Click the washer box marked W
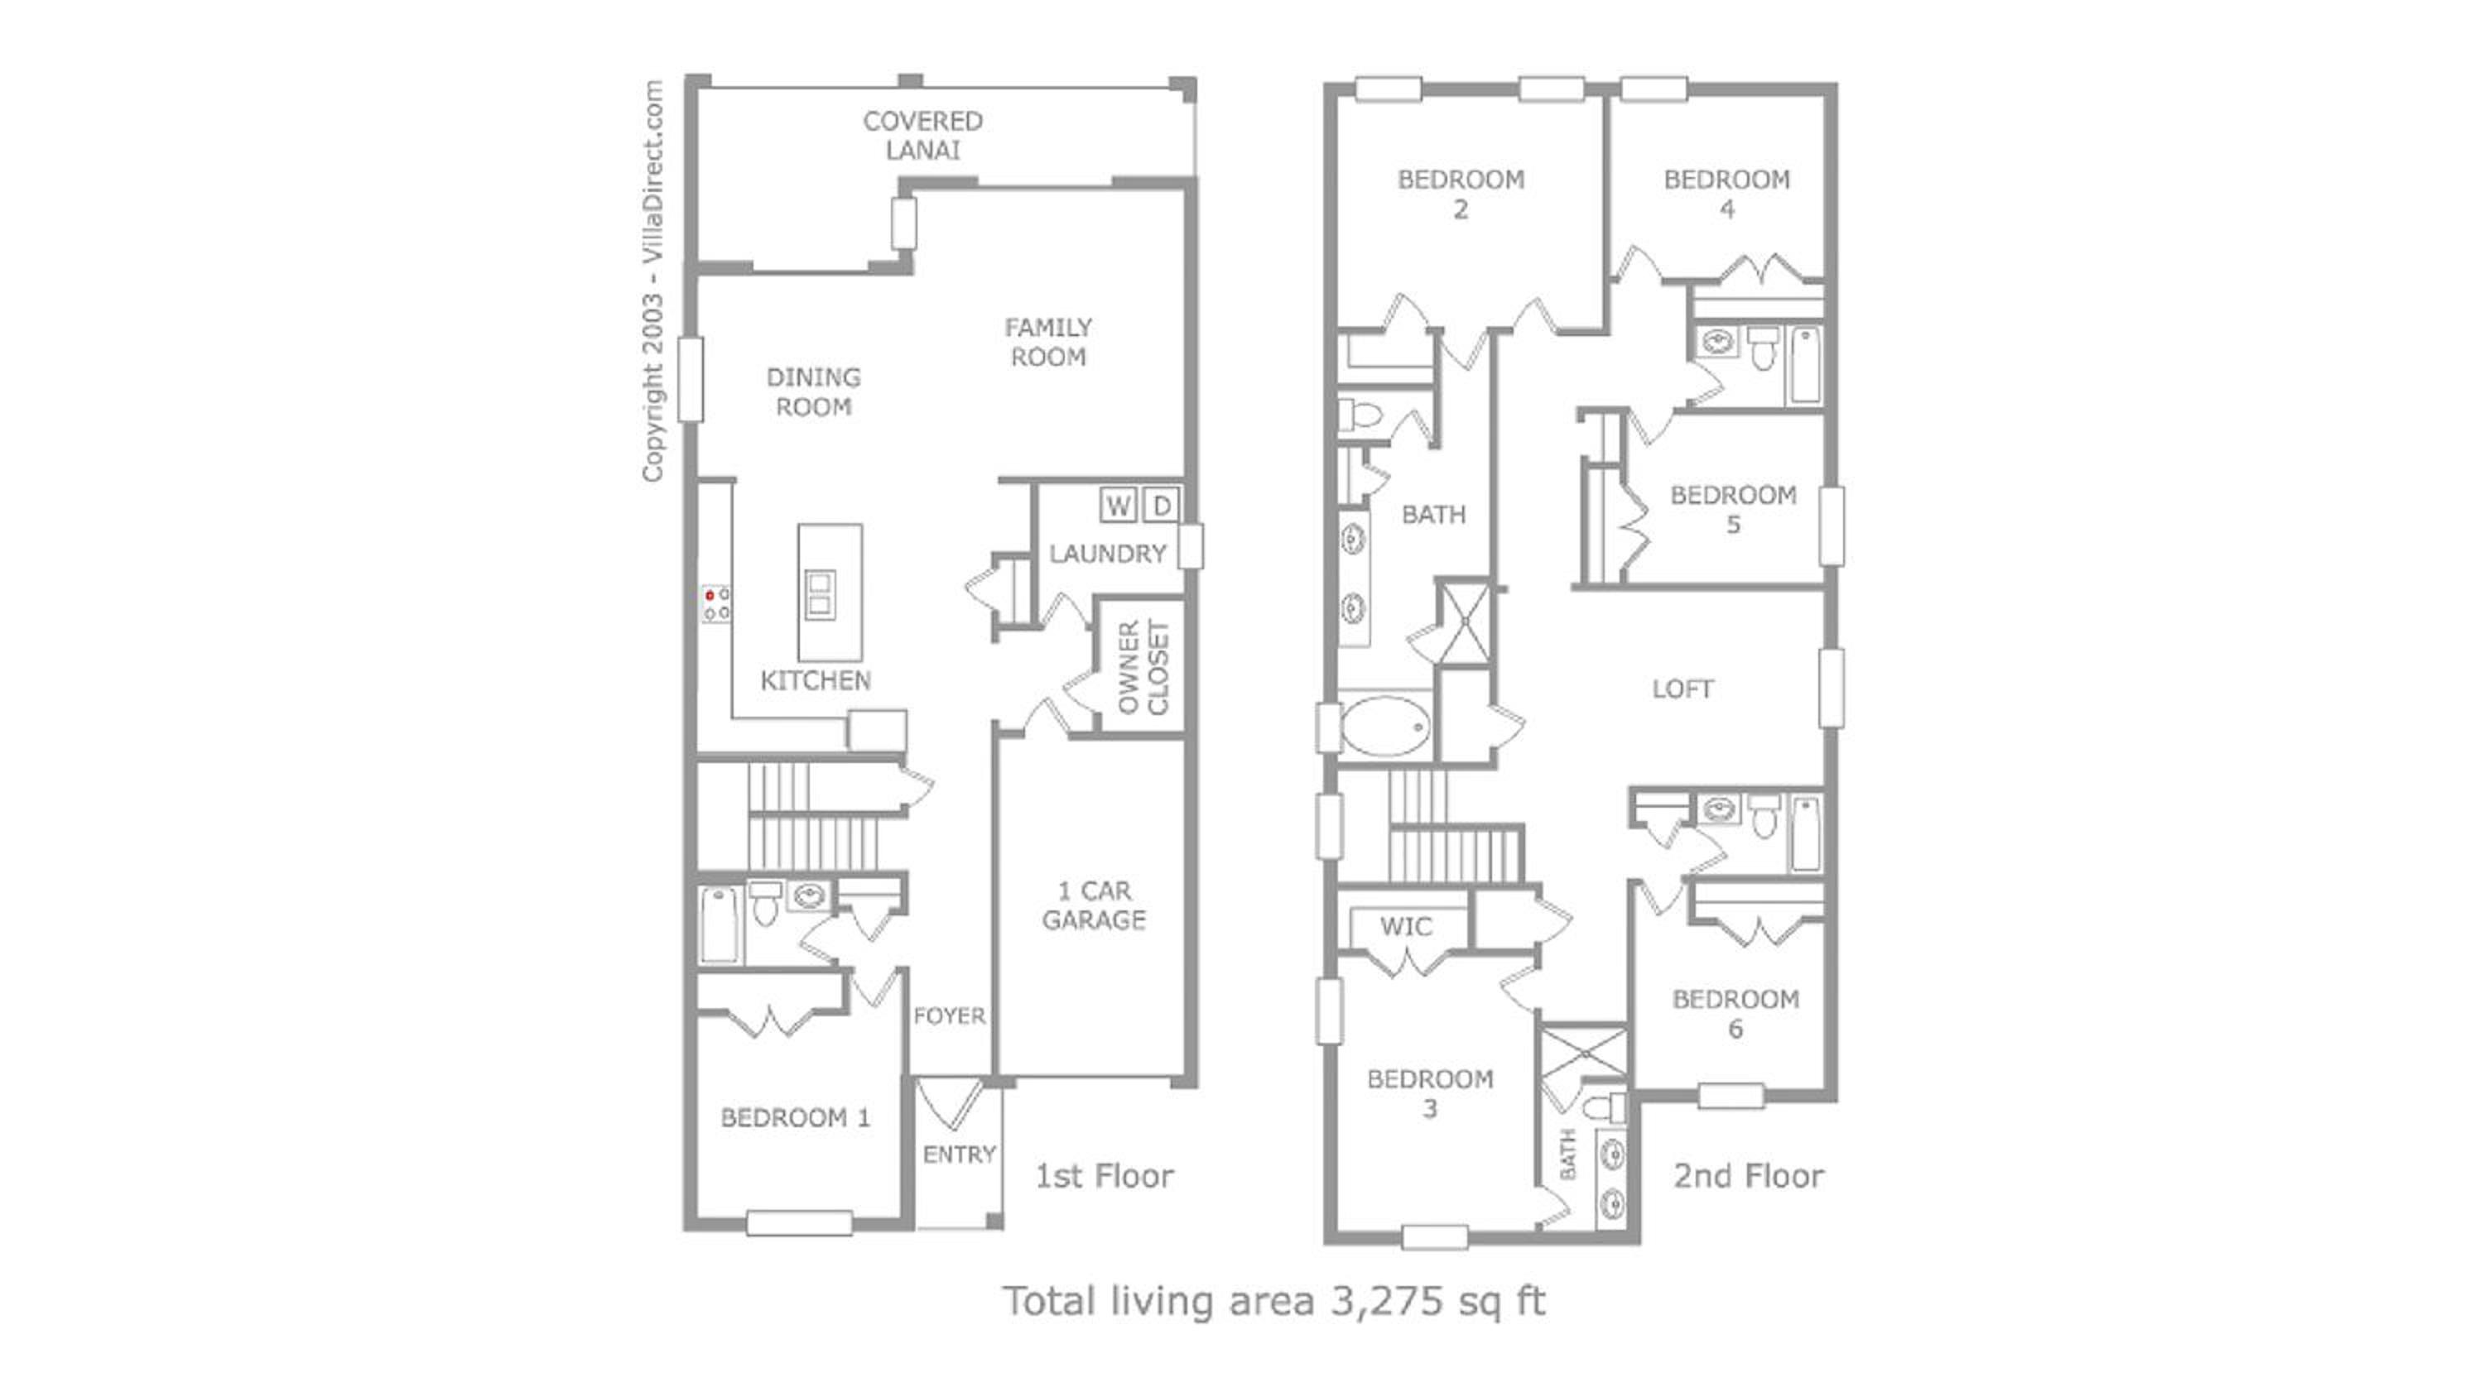1118,505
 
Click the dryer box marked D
1161,505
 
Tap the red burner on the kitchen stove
710,596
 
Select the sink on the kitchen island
821,594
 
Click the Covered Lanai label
923,135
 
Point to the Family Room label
1048,343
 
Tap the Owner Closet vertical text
1143,667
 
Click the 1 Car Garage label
1095,905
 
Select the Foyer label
950,1015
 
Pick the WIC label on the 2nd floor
1406,927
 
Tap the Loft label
1682,689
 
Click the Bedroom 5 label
1734,510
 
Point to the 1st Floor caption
1104,1176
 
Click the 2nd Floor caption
1748,1176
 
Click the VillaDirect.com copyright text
652,281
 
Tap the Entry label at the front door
960,1154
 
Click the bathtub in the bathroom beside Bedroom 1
720,924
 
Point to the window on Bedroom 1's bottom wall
799,1223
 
